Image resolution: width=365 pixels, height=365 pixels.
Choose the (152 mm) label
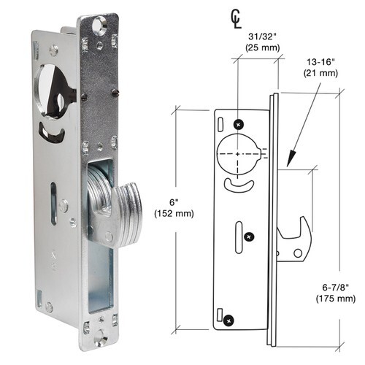[x=173, y=214]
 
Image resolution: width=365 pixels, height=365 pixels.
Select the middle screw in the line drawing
[x=250, y=236]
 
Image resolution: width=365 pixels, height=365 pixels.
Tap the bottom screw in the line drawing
[x=231, y=318]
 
